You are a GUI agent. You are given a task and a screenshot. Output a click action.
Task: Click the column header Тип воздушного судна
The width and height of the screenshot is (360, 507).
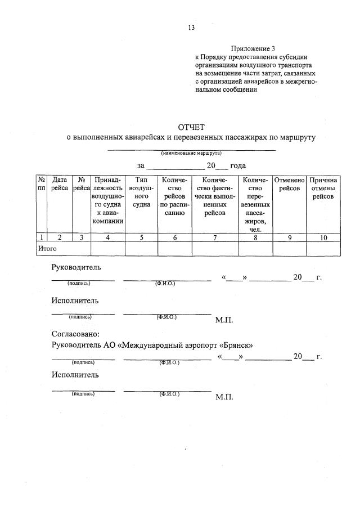(x=141, y=192)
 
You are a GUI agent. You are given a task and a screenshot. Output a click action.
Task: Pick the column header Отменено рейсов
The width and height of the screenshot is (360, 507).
(x=289, y=184)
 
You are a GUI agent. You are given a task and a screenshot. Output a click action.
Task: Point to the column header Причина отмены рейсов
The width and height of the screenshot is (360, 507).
(x=323, y=188)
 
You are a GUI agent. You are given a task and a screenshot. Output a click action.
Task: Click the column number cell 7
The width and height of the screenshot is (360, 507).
(x=215, y=237)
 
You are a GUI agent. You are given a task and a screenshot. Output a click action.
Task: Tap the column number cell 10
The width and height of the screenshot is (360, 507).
(x=323, y=237)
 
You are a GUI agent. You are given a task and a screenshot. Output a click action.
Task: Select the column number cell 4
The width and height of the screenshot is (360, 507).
(x=108, y=237)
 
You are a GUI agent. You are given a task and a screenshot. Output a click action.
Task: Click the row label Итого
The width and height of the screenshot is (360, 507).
(x=48, y=248)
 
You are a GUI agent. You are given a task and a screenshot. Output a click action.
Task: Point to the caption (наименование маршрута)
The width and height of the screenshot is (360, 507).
(x=191, y=153)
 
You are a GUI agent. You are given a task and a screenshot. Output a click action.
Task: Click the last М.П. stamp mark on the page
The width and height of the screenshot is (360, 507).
(x=224, y=396)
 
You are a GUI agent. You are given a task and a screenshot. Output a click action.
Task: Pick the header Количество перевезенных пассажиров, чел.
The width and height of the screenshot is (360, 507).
(x=255, y=204)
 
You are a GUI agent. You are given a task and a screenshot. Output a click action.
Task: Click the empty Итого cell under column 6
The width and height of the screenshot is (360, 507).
(x=174, y=248)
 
